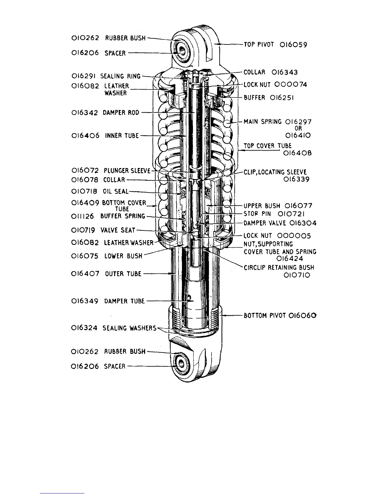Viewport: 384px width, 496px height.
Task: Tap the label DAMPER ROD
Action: [x=121, y=113]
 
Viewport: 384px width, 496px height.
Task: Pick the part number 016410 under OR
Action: [x=298, y=136]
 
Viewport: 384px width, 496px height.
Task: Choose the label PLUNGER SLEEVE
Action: [x=127, y=171]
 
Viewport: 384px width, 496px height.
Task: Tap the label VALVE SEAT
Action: [x=118, y=230]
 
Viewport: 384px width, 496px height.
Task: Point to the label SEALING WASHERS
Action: [x=129, y=328]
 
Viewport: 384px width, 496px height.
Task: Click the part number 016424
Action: [x=290, y=259]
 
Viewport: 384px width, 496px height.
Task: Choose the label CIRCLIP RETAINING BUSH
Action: [x=279, y=268]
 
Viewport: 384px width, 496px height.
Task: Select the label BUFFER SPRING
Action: [x=123, y=216]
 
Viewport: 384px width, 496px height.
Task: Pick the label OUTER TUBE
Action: [x=123, y=274]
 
